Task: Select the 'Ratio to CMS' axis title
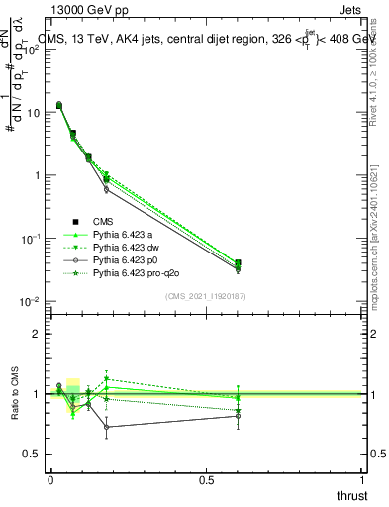click(15, 394)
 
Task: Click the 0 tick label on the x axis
click(50, 480)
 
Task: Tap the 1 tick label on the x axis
click(363, 480)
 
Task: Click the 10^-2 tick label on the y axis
click(31, 301)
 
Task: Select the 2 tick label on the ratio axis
click(38, 334)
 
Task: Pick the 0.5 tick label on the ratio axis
click(33, 454)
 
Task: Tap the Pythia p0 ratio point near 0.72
click(106, 427)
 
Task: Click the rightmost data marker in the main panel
click(238, 263)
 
